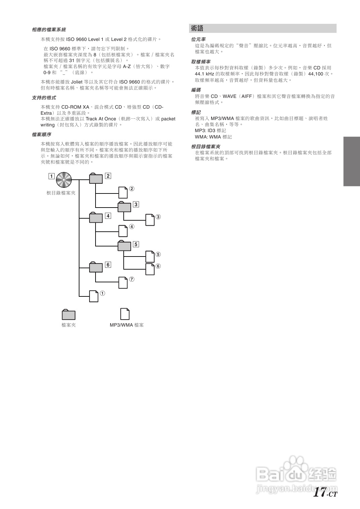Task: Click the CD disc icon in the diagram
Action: point(64,180)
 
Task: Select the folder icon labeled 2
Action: point(96,178)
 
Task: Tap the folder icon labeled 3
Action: point(124,207)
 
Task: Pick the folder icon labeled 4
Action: point(96,218)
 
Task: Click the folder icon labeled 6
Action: point(96,267)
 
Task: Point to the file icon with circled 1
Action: point(94,296)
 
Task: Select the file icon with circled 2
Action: point(123,192)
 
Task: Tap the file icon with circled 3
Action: point(150,220)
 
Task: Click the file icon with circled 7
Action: point(123,282)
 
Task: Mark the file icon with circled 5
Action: point(150,257)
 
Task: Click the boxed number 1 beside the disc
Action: point(51,176)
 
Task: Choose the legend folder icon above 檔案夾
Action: point(68,315)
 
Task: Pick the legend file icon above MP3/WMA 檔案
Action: point(125,314)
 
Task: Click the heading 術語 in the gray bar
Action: point(197,29)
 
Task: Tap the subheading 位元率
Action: point(198,40)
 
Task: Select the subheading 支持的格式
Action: point(44,98)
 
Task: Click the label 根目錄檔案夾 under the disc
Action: point(61,193)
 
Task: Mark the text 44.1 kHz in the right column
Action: point(204,74)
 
